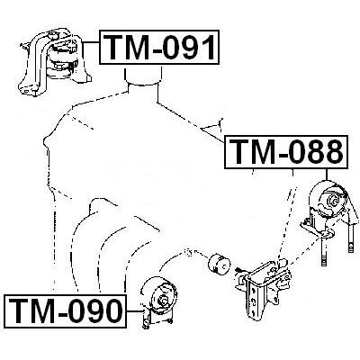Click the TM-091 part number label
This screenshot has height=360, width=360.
click(x=159, y=47)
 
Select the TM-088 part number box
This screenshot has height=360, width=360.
click(x=286, y=152)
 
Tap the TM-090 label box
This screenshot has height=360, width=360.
click(x=65, y=311)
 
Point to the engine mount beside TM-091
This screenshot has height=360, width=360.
click(x=54, y=62)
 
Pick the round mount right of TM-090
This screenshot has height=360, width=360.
click(x=158, y=301)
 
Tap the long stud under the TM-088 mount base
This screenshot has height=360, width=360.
click(x=324, y=252)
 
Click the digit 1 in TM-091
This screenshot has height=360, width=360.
click(x=207, y=47)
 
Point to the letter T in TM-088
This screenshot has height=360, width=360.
click(x=241, y=152)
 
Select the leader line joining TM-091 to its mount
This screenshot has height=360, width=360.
click(x=90, y=42)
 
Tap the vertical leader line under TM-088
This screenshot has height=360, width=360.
click(x=326, y=175)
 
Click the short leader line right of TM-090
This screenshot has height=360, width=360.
click(x=134, y=311)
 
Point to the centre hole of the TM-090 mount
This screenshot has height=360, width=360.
click(x=163, y=300)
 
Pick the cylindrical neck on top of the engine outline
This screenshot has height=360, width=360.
click(x=144, y=76)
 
